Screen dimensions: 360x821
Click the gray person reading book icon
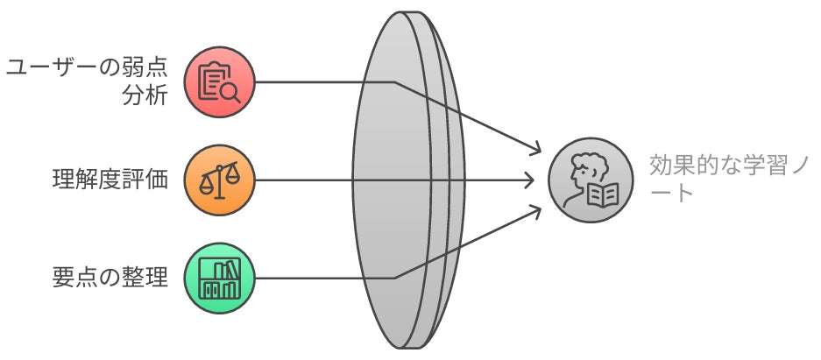coord(588,180)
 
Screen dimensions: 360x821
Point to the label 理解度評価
coord(110,180)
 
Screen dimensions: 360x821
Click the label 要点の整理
coord(110,279)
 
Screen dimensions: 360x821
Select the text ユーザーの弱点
coord(87,68)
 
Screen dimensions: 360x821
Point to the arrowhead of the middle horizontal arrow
coord(529,180)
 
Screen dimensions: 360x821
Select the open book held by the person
coord(602,194)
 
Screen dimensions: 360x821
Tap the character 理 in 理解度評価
coord(62,180)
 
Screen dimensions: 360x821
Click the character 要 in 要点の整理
coord(62,279)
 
